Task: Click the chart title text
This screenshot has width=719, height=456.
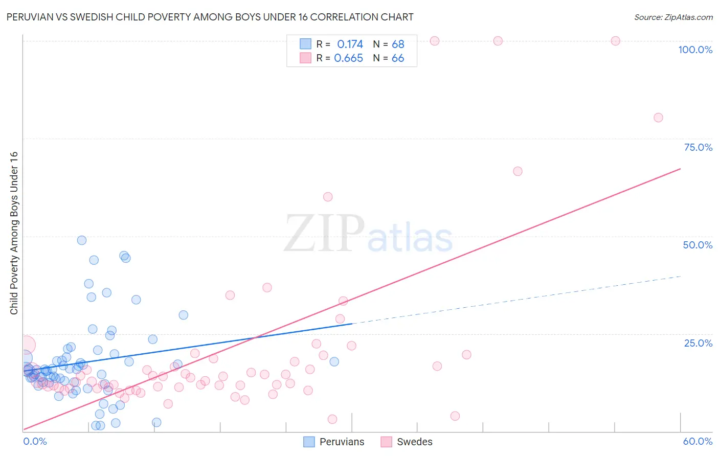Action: (209, 17)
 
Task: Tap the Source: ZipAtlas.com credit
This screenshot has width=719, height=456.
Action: (673, 17)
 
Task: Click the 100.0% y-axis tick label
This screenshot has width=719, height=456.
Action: (695, 50)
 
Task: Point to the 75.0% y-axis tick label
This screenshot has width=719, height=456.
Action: (698, 147)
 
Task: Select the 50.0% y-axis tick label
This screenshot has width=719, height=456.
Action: (698, 245)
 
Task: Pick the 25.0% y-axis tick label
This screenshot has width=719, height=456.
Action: (698, 343)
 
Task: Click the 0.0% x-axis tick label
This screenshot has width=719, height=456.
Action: (35, 441)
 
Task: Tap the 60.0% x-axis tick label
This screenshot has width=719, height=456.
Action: (698, 441)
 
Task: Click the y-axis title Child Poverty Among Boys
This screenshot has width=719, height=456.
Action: (14, 233)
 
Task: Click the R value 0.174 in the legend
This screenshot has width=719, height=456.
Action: (350, 44)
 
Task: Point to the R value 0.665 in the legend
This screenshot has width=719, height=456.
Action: (348, 58)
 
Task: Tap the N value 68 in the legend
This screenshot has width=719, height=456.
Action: (398, 44)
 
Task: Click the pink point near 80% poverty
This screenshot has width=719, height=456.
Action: (658, 118)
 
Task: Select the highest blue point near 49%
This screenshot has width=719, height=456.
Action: (82, 240)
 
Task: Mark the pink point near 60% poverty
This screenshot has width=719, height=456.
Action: (328, 197)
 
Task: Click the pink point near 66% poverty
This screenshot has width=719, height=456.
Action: (518, 171)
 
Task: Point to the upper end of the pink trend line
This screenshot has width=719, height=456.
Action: (680, 169)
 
